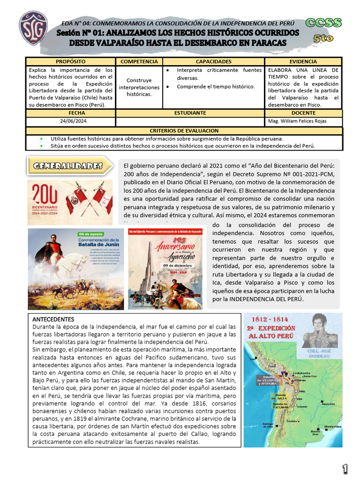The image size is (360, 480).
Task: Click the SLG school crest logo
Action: pyautogui.click(x=32, y=29)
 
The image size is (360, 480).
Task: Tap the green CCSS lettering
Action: pyautogui.click(x=323, y=22)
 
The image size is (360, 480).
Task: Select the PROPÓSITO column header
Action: pyautogui.click(x=70, y=61)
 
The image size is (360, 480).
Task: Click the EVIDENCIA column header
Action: pyautogui.click(x=303, y=61)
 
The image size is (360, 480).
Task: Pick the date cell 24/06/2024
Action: pyautogui.click(x=70, y=121)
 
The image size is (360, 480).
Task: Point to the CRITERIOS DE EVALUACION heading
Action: pyautogui.click(x=184, y=131)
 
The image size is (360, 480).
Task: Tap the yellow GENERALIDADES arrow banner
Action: pyautogui.click(x=70, y=166)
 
